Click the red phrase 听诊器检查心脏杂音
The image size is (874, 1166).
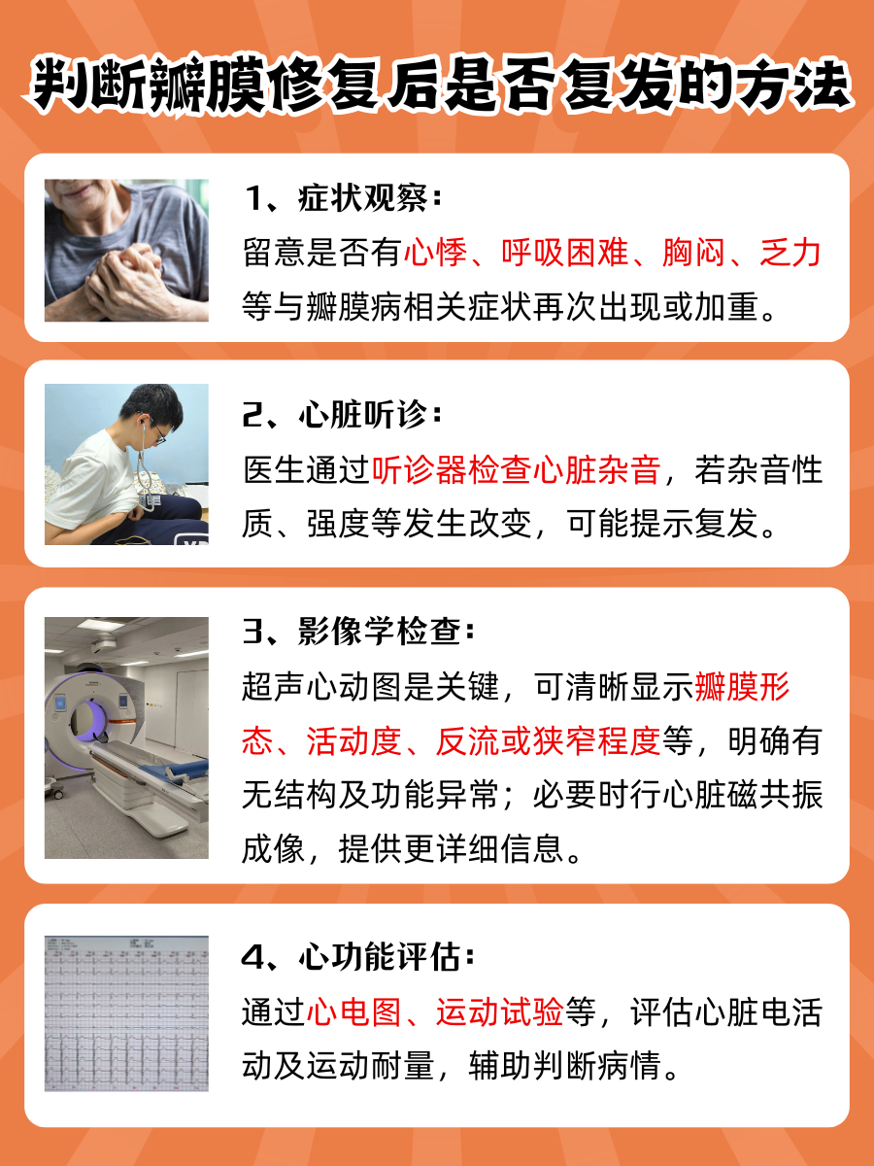pyautogui.click(x=516, y=471)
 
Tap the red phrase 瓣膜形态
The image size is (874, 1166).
pyautogui.click(x=742, y=688)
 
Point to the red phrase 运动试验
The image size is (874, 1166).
pyautogui.click(x=499, y=1012)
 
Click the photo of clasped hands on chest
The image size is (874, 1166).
pyautogui.click(x=126, y=250)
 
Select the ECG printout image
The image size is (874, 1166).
pyautogui.click(x=126, y=1012)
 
